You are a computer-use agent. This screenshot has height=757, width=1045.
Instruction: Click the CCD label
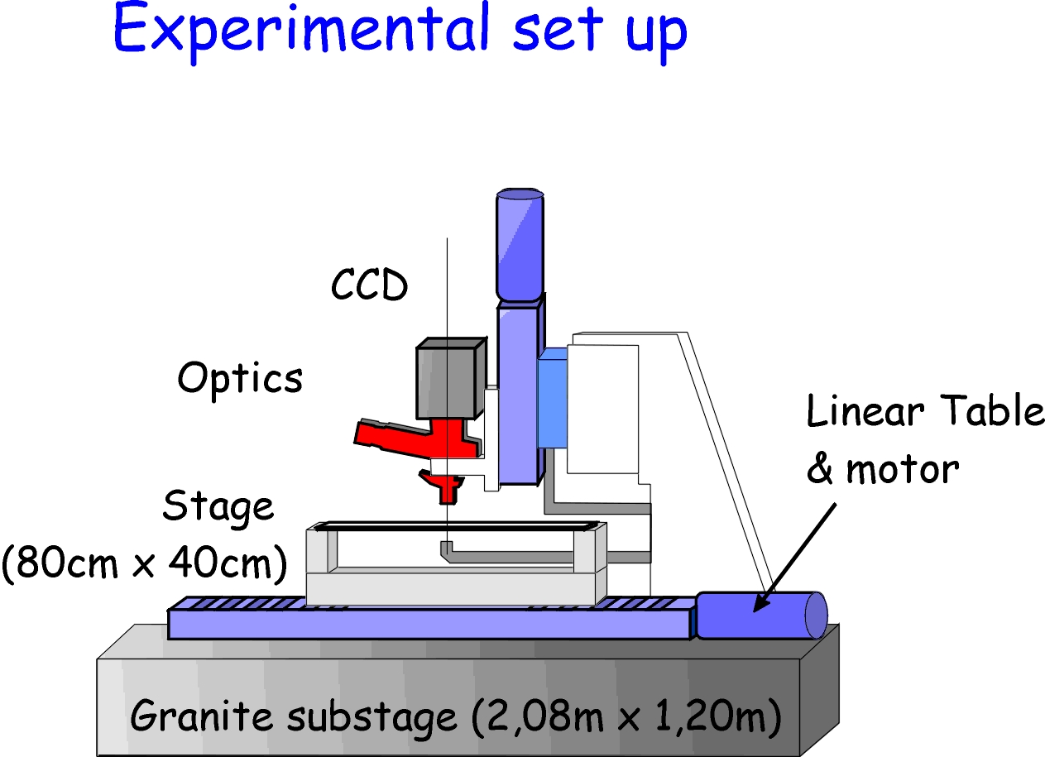pos(369,286)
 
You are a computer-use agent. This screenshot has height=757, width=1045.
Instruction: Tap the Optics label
pos(240,379)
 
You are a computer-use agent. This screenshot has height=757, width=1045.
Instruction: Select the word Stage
pos(218,506)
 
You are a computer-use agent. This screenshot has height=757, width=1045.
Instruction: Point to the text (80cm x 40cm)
pos(145,563)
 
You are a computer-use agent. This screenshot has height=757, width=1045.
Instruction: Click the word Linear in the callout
pos(861,412)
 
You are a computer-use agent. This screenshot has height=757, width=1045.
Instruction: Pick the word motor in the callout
pos(902,470)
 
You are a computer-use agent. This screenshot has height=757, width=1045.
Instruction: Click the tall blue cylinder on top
pos(520,244)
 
